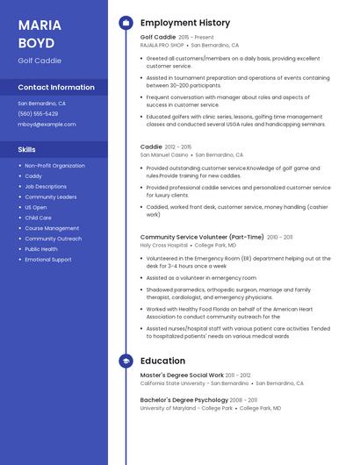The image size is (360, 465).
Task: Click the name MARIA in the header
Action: [x=40, y=25]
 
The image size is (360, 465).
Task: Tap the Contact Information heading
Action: [x=56, y=88]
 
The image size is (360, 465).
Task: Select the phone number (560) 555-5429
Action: [x=38, y=114]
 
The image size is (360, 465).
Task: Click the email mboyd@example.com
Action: [x=47, y=125]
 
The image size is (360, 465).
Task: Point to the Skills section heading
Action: [x=26, y=149]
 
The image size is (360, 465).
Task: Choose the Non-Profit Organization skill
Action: [x=54, y=165]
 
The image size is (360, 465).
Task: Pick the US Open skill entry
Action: [x=35, y=207]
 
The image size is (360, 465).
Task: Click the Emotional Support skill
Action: [x=48, y=260]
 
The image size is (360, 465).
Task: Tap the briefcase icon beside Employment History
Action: [x=126, y=23]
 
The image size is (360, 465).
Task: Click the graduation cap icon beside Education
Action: [x=126, y=361]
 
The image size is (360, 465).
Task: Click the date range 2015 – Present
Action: [x=196, y=38]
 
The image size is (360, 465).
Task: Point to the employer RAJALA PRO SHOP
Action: [x=162, y=45]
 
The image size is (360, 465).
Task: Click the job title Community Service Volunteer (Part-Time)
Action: [x=202, y=237]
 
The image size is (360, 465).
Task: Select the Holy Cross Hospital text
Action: [x=164, y=245]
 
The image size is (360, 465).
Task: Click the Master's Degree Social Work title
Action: [x=182, y=376]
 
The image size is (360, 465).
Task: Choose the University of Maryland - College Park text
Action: [x=187, y=408]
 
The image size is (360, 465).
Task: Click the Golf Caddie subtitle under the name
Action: [x=40, y=61]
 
